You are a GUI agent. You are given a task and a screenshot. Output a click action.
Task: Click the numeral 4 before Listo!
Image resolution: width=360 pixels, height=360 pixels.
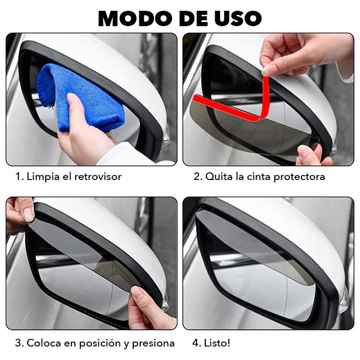[x=196, y=343]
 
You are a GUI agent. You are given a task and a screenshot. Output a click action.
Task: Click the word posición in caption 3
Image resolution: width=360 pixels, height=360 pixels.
[x=101, y=343]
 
